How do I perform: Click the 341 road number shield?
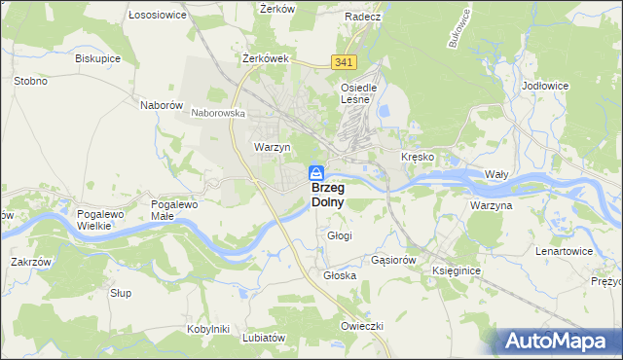point(342,62)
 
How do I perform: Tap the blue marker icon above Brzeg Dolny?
point(316,172)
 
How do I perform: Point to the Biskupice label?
point(97,57)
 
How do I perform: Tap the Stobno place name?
point(30,81)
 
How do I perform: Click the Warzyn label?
point(273,147)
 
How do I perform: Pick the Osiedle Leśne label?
point(358,93)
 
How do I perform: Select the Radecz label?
point(362,17)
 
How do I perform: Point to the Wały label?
point(496,174)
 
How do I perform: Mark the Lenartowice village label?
point(565,251)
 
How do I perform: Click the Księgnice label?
point(458,270)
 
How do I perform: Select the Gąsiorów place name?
point(394,261)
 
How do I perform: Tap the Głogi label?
point(340,235)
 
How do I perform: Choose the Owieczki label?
point(362,325)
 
